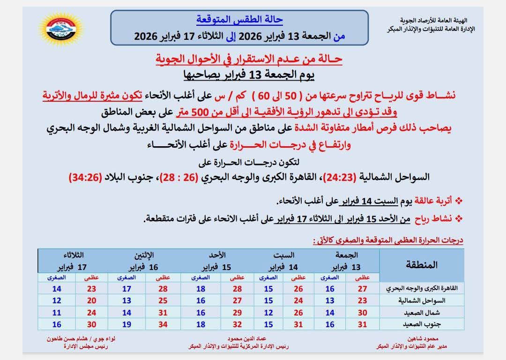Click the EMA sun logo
click(61, 29)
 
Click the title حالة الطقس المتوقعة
click(239, 20)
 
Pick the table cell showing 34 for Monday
click(163, 323)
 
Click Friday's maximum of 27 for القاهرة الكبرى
click(362, 289)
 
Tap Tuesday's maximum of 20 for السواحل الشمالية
click(91, 300)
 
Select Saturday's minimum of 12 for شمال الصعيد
click(268, 312)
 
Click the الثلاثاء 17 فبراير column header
click(74, 262)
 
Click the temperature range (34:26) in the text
click(85, 178)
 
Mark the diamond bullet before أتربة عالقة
click(459, 202)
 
